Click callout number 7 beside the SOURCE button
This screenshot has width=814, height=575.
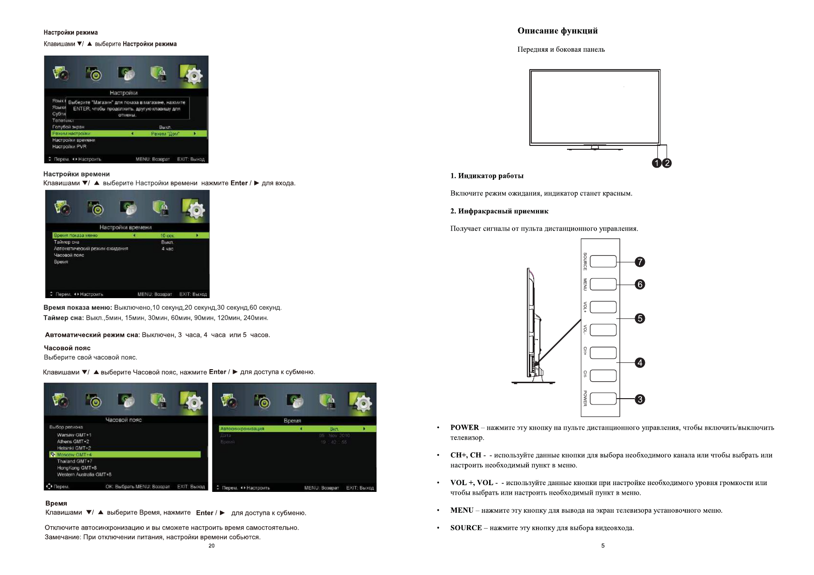coord(640,262)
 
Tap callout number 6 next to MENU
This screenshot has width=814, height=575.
coord(640,285)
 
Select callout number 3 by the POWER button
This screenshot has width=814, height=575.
coord(640,399)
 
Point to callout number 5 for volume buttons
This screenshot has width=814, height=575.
coord(640,318)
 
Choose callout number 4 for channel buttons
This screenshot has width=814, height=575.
coord(640,362)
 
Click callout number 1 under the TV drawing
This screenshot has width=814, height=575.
coord(656,163)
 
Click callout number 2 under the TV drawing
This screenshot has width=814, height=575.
coord(667,163)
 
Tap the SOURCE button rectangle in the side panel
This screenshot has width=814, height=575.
coord(603,261)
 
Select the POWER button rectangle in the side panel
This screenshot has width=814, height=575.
coord(603,399)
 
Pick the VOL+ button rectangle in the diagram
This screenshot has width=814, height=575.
coord(603,307)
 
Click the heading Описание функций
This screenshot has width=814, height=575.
coord(557,31)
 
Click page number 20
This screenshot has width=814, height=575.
coord(211,546)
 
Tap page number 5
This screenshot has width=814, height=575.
coord(603,546)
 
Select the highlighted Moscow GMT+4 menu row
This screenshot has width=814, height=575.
coord(125,454)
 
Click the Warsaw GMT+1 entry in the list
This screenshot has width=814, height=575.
coord(74,435)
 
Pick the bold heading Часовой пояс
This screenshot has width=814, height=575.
coord(67,348)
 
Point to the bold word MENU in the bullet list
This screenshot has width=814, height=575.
coord(462,510)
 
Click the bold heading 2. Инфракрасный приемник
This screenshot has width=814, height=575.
coord(499,211)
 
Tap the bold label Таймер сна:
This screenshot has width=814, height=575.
coord(63,318)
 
